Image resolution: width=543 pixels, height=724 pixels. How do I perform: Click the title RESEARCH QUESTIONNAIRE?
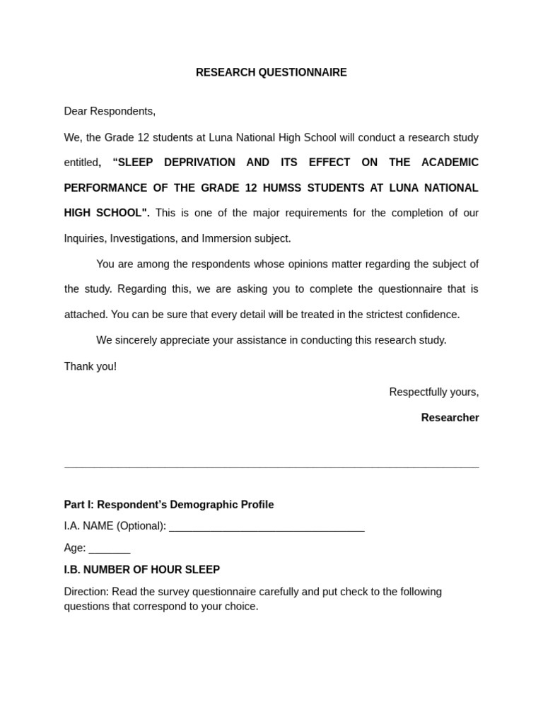tap(271, 73)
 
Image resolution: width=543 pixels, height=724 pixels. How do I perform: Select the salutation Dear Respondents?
tap(110, 111)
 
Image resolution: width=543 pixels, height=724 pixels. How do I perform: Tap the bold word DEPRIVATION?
tap(199, 163)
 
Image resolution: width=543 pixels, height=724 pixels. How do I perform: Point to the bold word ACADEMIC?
tap(450, 163)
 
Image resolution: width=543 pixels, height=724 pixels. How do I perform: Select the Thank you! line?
tap(90, 366)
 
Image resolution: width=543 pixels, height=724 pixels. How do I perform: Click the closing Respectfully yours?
tap(433, 392)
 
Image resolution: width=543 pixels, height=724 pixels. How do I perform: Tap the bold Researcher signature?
tap(450, 418)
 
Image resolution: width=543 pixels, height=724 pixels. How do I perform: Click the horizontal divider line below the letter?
tap(271, 467)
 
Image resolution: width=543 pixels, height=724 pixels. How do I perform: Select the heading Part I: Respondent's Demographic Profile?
tap(169, 505)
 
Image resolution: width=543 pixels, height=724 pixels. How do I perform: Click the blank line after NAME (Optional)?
tap(267, 527)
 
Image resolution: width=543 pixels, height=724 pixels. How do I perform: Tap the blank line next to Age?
tap(110, 549)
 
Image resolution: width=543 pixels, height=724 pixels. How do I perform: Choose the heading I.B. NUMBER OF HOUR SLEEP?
tap(142, 570)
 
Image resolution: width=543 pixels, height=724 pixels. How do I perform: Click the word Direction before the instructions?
tap(86, 592)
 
